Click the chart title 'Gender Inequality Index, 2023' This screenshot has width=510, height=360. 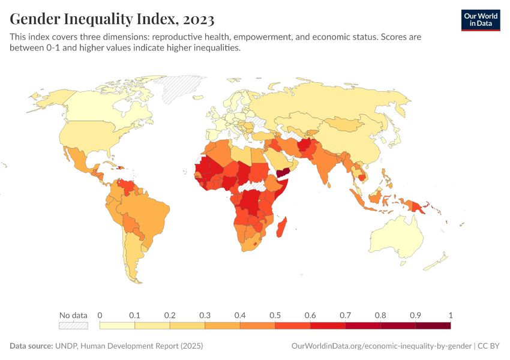tap(112, 19)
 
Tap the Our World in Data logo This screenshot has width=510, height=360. tap(480, 20)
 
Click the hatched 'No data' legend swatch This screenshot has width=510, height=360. tap(73, 326)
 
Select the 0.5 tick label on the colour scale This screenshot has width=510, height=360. tap(275, 315)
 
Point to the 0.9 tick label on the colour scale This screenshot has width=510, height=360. tap(415, 315)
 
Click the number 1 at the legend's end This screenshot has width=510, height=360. tap(450, 315)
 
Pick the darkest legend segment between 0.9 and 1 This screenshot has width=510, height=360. tap(433, 326)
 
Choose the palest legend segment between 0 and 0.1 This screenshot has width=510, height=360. tap(117, 326)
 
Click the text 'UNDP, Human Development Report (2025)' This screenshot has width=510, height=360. tap(130, 346)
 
